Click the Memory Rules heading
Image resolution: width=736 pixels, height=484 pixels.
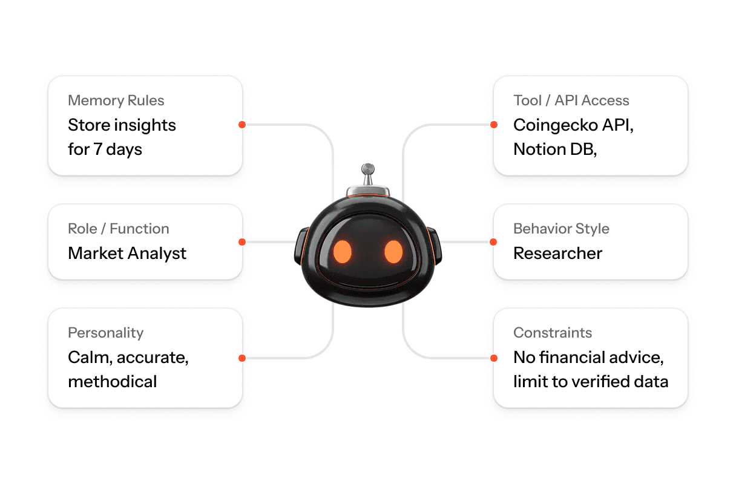(x=116, y=100)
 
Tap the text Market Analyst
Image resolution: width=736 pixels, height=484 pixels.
(x=127, y=253)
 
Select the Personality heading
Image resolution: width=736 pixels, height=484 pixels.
(x=105, y=333)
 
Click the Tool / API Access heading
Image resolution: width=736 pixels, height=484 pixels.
(x=571, y=100)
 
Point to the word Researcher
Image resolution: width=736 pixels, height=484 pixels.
(x=557, y=253)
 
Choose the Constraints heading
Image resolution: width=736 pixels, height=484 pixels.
(x=553, y=333)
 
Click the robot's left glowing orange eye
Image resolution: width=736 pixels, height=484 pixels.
(x=343, y=251)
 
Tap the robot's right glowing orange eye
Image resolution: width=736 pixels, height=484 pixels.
(x=393, y=251)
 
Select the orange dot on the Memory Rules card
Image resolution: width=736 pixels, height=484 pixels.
(x=241, y=125)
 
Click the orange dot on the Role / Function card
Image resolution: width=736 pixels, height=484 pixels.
(x=241, y=242)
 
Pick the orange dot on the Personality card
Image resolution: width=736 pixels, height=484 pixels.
(x=241, y=358)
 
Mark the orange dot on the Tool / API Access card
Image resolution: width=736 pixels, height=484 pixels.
(x=494, y=125)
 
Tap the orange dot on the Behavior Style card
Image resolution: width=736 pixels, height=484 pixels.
(x=494, y=242)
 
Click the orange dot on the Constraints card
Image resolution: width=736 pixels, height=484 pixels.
(x=494, y=358)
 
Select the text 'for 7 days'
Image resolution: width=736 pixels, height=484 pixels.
(x=105, y=149)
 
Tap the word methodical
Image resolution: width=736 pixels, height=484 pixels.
(x=112, y=381)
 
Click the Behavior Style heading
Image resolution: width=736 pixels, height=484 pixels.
(x=561, y=229)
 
